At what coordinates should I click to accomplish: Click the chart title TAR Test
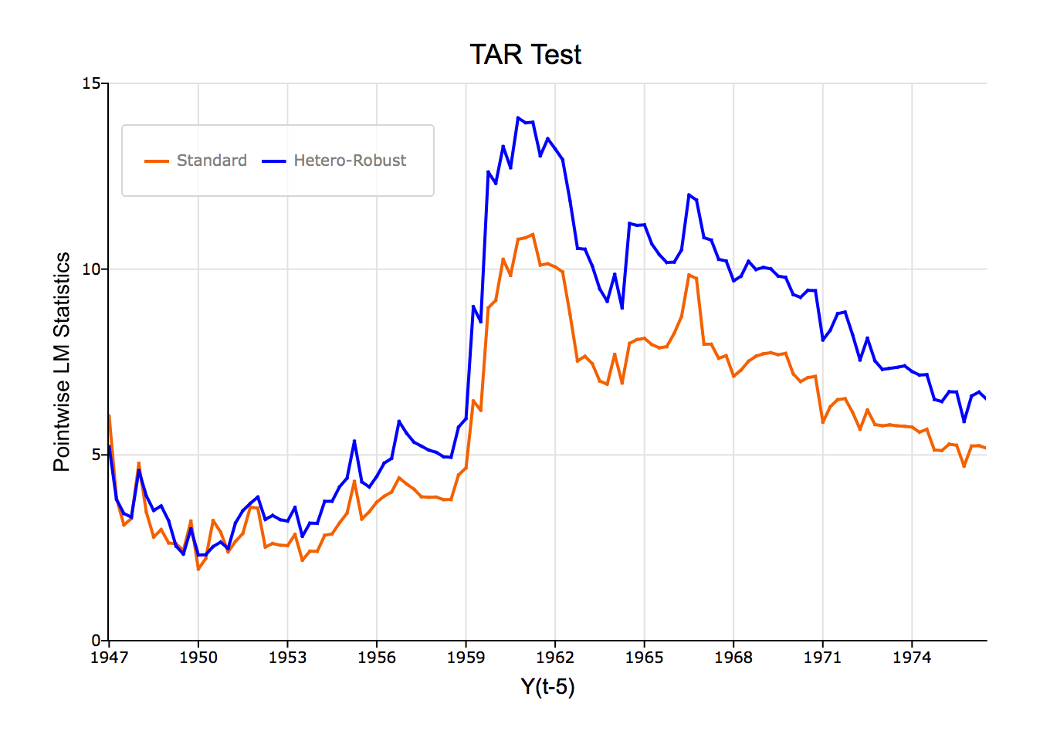[525, 55]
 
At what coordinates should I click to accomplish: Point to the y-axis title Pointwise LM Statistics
[62, 361]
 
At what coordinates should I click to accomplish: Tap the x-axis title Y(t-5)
[547, 686]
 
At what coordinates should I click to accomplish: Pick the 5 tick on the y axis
[96, 455]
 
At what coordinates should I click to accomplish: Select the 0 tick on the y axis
[96, 641]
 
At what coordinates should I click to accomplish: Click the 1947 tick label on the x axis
[109, 658]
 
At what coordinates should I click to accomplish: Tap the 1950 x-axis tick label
[198, 658]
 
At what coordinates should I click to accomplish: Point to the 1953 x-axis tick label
[287, 658]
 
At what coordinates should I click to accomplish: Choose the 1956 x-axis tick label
[377, 658]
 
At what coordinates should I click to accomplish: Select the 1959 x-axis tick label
[466, 658]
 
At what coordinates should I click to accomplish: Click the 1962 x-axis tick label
[555, 658]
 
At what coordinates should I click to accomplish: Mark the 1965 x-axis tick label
[644, 658]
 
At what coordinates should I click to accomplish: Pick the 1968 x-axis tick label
[733, 658]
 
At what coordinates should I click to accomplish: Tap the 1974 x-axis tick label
[912, 658]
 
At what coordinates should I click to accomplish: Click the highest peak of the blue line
[518, 117]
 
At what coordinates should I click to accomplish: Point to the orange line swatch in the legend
[157, 161]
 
